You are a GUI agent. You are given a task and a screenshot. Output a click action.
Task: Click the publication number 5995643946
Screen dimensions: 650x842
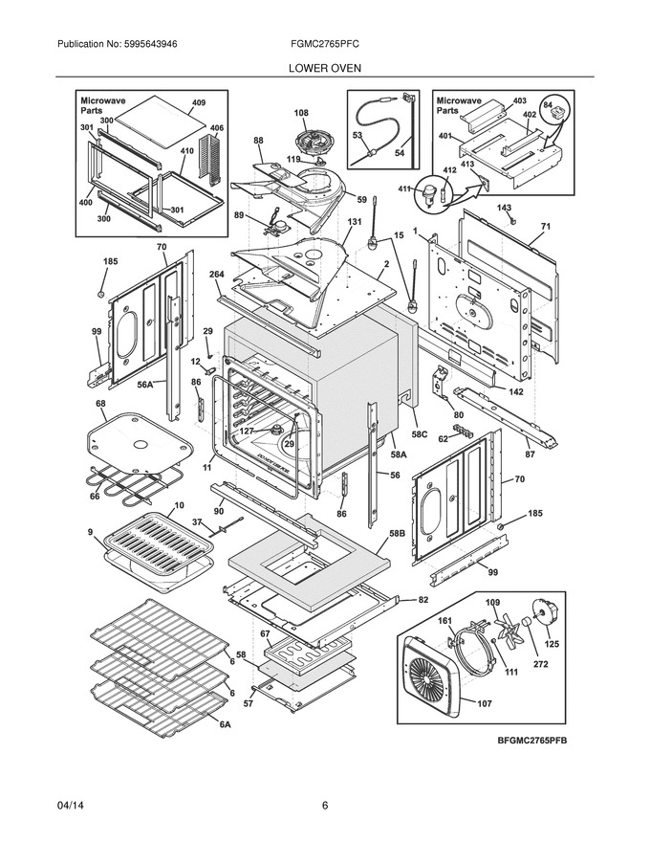143,45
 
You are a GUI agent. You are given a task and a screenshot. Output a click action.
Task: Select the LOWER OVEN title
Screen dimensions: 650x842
324,68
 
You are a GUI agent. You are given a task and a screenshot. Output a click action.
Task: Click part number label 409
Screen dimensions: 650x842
199,102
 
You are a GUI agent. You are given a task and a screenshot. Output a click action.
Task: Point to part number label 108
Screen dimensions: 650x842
301,113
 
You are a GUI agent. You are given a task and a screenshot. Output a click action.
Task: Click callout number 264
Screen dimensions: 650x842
217,275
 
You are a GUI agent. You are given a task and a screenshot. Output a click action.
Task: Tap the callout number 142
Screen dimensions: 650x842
515,392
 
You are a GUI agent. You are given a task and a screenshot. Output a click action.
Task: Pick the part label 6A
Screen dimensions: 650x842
225,724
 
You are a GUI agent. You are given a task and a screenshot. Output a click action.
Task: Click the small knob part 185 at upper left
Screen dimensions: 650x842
99,294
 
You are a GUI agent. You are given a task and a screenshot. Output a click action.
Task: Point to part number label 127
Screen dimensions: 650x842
247,431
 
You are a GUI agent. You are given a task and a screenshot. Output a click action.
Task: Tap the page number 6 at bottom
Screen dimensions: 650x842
324,806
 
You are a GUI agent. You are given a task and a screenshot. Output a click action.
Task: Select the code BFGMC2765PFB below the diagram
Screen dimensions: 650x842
531,741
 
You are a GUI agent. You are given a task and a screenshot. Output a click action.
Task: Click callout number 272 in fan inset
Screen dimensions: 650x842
541,664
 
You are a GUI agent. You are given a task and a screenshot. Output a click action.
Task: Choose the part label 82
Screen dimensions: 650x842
423,600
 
